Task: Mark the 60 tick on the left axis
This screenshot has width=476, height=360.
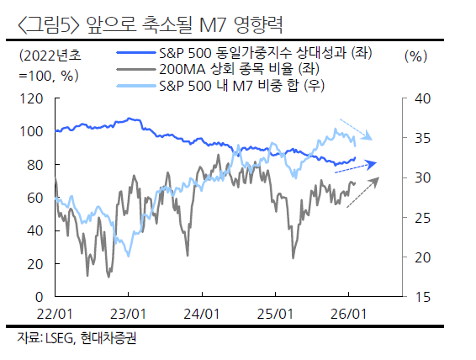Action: (x=34, y=198)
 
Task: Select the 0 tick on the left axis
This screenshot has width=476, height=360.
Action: (x=38, y=297)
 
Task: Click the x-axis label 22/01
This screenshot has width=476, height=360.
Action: (x=56, y=314)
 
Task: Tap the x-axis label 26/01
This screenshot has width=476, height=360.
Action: (x=349, y=314)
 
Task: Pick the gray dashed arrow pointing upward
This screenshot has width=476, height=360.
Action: (x=362, y=191)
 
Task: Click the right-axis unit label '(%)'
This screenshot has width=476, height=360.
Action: (x=415, y=56)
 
